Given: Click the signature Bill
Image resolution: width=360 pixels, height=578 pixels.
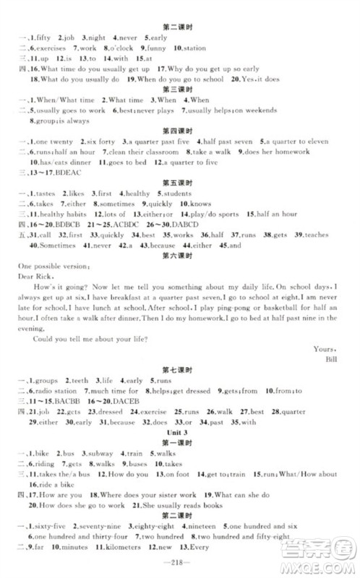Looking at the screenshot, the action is coord(333,357).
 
